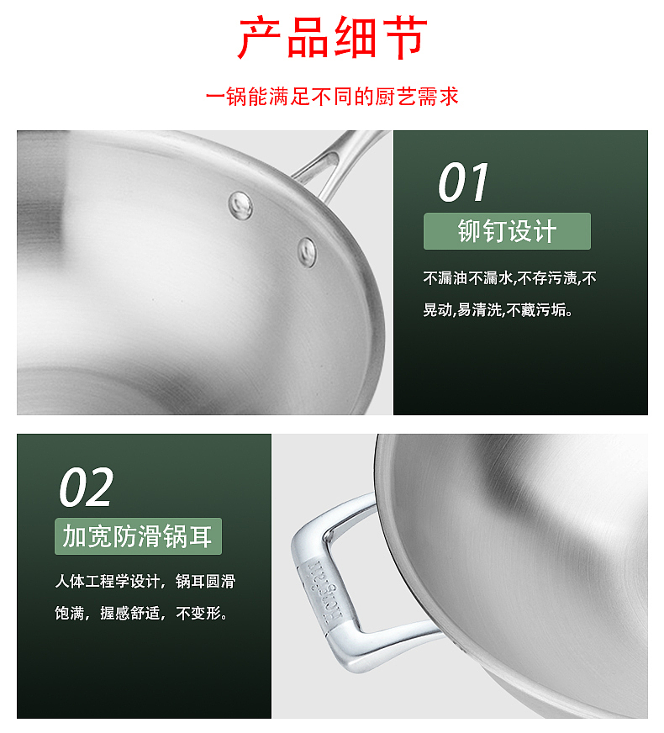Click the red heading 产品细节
332,39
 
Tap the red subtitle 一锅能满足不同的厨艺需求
332,97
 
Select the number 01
463,182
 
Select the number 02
86,488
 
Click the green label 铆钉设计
507,231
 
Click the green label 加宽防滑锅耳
138,536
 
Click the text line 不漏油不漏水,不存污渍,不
509,278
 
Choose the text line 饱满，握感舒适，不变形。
140,614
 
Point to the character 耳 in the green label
201,536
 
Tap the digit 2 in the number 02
98,488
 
